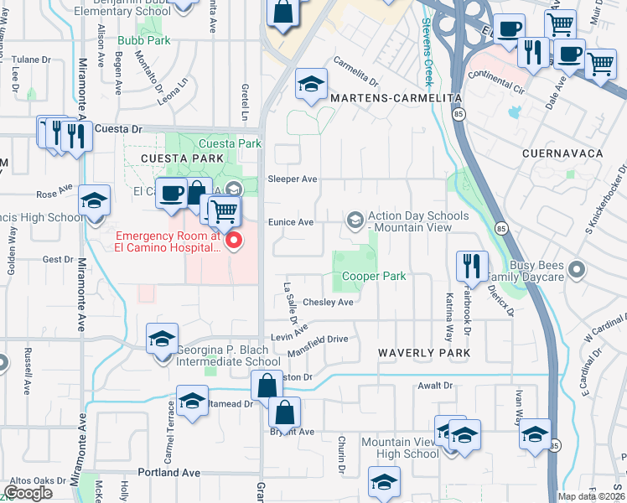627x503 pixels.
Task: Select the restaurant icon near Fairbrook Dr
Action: [472, 267]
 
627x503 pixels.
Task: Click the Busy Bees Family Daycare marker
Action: [576, 270]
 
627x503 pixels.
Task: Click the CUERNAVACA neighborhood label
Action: [562, 154]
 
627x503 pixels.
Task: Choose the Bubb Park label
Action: [146, 40]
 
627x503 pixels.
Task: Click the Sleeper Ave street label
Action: [292, 179]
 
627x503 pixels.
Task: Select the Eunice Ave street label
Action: [290, 222]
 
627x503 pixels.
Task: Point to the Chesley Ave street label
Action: [328, 302]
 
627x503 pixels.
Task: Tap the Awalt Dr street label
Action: [435, 386]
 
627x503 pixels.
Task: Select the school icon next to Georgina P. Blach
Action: [163, 340]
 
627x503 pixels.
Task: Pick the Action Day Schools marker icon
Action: [355, 220]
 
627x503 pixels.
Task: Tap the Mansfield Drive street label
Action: [319, 340]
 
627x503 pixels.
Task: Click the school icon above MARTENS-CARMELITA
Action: [311, 85]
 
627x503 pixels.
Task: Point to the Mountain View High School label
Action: [399, 448]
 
